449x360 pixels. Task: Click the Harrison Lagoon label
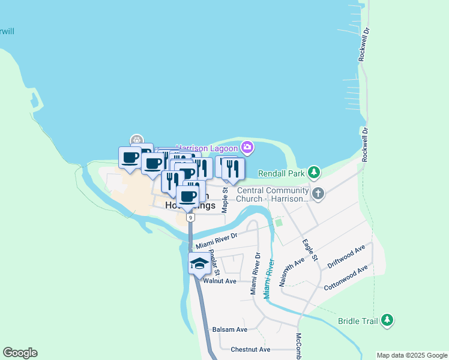click(x=207, y=147)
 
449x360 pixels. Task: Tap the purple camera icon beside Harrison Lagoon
click(x=247, y=147)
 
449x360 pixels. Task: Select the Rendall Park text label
click(x=281, y=173)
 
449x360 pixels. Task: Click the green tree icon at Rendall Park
click(x=313, y=173)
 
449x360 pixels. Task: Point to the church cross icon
click(x=318, y=193)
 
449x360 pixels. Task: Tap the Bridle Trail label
click(x=358, y=321)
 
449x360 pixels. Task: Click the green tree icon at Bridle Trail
click(x=388, y=320)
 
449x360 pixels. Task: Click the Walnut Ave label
click(x=220, y=281)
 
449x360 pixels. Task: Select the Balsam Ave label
click(x=230, y=329)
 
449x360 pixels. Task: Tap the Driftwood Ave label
click(x=346, y=256)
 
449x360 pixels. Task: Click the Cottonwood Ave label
click(x=345, y=278)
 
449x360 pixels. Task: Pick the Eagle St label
click(x=310, y=250)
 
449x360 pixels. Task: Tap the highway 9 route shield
click(x=190, y=218)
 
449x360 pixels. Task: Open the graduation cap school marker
click(x=199, y=263)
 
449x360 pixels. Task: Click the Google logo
click(x=20, y=353)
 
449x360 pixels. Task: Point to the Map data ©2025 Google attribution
click(x=412, y=355)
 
